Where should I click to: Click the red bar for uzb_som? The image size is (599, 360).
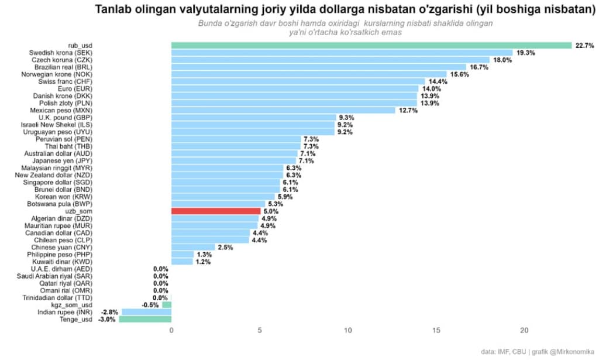[x=216, y=211]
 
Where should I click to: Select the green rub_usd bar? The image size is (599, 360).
[x=371, y=46]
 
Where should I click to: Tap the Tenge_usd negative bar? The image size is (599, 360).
[x=145, y=319]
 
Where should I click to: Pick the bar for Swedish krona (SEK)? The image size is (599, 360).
[x=342, y=53]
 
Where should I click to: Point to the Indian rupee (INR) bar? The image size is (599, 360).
[x=146, y=312]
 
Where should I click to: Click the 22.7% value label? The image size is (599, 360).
[x=585, y=46]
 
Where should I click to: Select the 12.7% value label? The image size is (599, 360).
[x=408, y=110]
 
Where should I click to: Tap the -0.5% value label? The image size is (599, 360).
[x=150, y=305]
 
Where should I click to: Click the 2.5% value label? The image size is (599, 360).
[x=225, y=247]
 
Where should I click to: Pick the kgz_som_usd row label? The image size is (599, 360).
[x=73, y=305]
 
